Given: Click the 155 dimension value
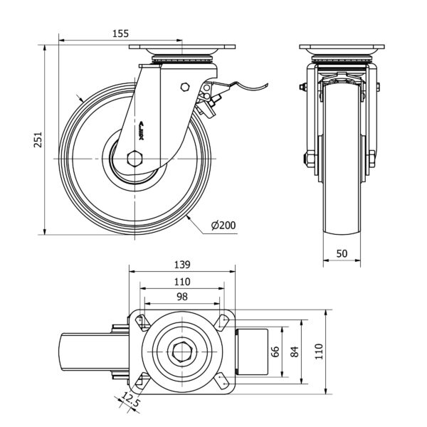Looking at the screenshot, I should pos(120,33).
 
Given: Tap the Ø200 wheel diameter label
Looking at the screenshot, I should pos(223,226).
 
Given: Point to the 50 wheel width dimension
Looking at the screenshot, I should pos(343,253).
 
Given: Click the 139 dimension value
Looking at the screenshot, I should pos(182,264).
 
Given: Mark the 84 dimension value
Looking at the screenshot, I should pos(292,351).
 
